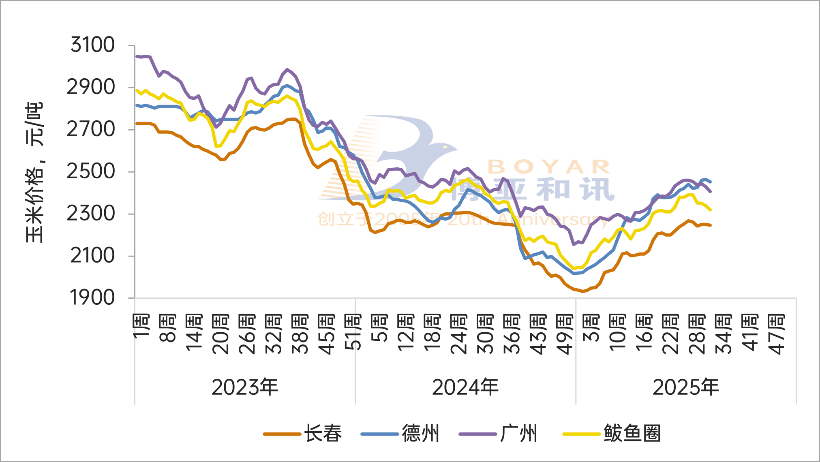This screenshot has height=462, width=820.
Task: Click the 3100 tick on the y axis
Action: pyautogui.click(x=93, y=45)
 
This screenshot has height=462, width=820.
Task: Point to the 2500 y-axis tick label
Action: pyautogui.click(x=91, y=171)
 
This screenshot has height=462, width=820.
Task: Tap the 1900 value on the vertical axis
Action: pyautogui.click(x=93, y=298)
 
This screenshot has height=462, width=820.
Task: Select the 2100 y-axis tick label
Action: pyautogui.click(x=93, y=256)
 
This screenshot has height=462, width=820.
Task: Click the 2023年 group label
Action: pyautogui.click(x=245, y=387)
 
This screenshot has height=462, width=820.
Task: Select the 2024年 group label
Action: pyautogui.click(x=465, y=387)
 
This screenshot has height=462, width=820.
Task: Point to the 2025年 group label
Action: pyautogui.click(x=686, y=387)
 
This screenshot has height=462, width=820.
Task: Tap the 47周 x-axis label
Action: pyautogui.click(x=777, y=334)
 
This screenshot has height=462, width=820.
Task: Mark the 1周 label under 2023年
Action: pyautogui.click(x=141, y=326)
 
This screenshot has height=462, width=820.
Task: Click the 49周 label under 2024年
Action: pyautogui.click(x=565, y=334)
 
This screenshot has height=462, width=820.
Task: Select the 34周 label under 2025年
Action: pyautogui.click(x=724, y=334)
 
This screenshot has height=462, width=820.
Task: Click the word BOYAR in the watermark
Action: pyautogui.click(x=549, y=167)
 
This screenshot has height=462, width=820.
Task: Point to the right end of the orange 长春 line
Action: pyautogui.click(x=711, y=225)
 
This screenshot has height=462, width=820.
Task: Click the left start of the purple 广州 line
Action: pyautogui.click(x=136, y=56)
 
